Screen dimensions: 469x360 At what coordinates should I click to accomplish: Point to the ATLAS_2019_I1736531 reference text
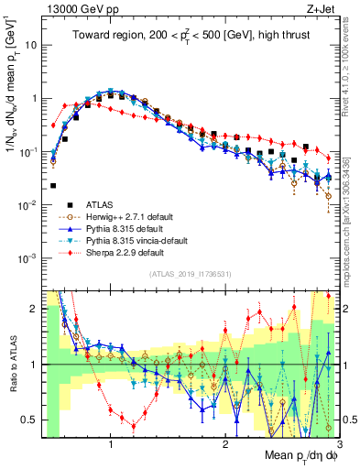[190, 274]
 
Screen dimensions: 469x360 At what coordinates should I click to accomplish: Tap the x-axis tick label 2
[225, 445]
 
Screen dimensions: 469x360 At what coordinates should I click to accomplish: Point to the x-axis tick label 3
[339, 445]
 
